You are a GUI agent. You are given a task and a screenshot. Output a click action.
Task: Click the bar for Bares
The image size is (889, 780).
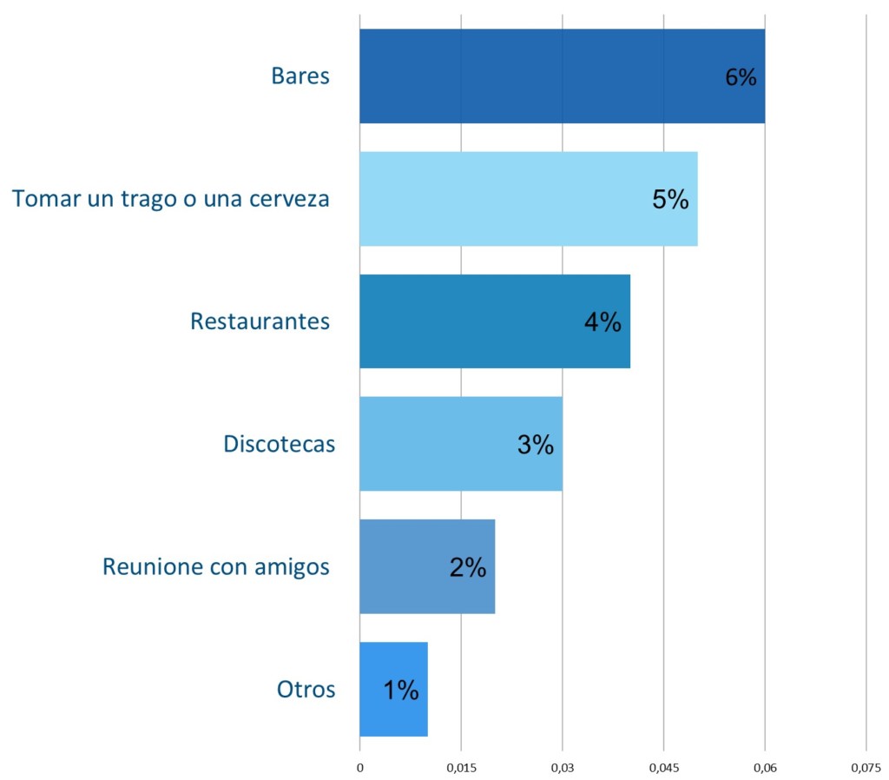click(538, 76)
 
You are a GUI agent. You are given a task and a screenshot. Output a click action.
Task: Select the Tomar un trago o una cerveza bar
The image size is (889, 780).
click(504, 199)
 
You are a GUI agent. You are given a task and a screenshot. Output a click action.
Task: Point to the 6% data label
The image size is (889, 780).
click(741, 77)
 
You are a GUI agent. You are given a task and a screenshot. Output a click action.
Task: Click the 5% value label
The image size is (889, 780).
click(670, 200)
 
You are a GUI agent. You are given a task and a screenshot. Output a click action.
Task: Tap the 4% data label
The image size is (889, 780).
click(603, 322)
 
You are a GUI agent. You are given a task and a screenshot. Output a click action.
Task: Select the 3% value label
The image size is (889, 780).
click(535, 445)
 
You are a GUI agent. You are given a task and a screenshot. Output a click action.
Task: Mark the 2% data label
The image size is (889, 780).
click(467, 567)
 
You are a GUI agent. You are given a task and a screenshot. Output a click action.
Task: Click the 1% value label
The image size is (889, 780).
click(400, 691)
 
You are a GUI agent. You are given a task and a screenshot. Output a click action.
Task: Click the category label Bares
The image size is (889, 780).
click(300, 76)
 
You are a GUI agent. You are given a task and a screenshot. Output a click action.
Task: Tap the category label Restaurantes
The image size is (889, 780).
click(260, 321)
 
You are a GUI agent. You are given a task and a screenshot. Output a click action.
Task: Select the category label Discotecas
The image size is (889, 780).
click(279, 444)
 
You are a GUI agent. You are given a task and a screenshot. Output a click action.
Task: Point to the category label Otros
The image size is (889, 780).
click(306, 690)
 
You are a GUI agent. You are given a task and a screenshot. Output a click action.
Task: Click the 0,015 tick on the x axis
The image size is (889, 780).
click(461, 768)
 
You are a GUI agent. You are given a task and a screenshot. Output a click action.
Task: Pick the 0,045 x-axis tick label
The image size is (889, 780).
click(663, 768)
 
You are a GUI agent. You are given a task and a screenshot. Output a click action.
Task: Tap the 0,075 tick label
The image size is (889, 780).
click(866, 768)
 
